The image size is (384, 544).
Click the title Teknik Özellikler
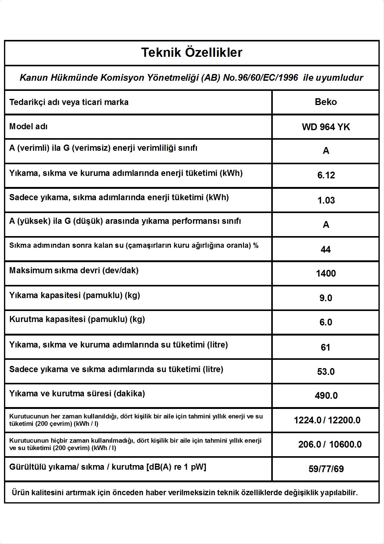tap(192, 52)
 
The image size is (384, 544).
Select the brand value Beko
tap(326, 102)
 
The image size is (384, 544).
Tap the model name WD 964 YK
tap(326, 127)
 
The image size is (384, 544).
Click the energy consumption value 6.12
tap(326, 175)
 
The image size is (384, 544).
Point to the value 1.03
tap(326, 200)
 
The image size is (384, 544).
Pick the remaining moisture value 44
tap(326, 249)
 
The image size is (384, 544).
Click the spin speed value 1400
tap(326, 273)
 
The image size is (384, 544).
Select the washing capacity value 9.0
tap(326, 298)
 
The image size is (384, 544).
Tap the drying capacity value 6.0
tap(326, 322)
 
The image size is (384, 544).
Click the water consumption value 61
tap(325, 347)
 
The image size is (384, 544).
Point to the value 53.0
tap(326, 371)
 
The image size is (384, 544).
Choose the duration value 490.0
tap(326, 395)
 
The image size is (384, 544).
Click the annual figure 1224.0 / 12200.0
tap(327, 420)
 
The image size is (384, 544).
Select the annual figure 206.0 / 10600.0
tap(330, 444)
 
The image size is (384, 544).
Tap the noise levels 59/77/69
tap(326, 469)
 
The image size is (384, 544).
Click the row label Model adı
tap(28, 126)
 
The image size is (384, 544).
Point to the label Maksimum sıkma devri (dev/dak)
tap(74, 270)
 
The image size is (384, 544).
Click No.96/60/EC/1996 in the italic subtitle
tap(261, 78)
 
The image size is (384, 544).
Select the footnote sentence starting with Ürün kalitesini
tap(185, 493)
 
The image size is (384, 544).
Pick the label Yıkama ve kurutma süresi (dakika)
tap(77, 394)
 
